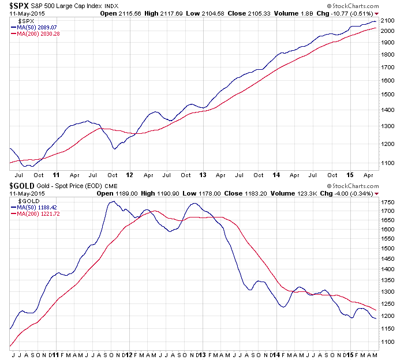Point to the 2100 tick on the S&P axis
point(387,20)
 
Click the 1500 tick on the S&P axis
point(387,95)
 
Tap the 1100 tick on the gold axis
point(387,341)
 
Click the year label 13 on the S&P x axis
point(203,174)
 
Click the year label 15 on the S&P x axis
point(350,174)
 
